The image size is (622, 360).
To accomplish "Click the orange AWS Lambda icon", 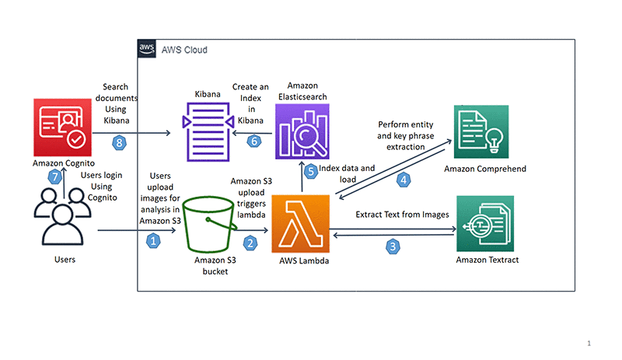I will [300, 224].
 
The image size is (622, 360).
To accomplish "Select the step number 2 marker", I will [250, 243].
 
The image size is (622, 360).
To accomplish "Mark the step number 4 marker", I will [404, 180].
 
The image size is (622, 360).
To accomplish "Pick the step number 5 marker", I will [312, 172].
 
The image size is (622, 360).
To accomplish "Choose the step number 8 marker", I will [119, 142].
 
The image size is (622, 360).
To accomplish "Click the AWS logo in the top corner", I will [147, 49].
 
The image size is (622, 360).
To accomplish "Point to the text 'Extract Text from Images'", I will [402, 214].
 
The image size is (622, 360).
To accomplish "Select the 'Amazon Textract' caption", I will [487, 259].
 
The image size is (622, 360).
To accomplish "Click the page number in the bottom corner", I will [589, 343].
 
